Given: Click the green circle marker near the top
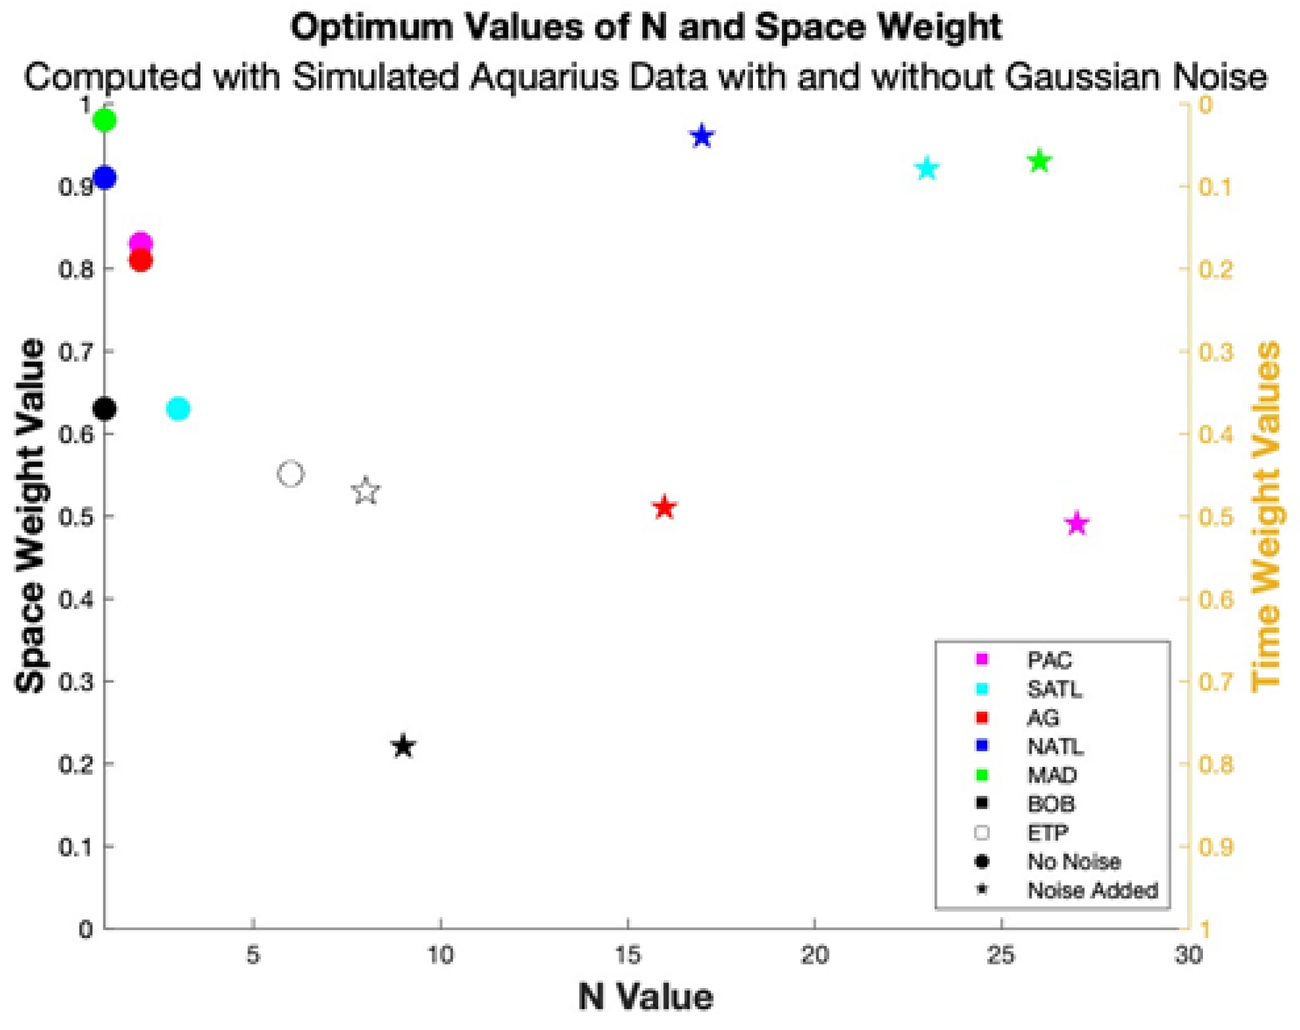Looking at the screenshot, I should click(x=105, y=121).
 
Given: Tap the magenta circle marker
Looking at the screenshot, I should click(x=141, y=243).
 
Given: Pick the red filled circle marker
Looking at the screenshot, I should click(x=141, y=261).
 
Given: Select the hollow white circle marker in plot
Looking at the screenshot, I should click(x=291, y=474).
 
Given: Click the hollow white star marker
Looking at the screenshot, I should click(x=366, y=491).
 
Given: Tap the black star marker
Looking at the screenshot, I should click(x=403, y=747).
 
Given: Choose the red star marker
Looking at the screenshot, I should click(x=665, y=508).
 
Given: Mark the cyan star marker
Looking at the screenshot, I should click(x=927, y=170).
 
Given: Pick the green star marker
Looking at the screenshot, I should click(x=1040, y=162).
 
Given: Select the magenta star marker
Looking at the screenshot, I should click(x=1077, y=524).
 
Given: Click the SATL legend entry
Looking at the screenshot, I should click(x=1054, y=689).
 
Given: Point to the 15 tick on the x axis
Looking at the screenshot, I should click(x=628, y=955).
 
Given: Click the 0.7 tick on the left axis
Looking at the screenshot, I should click(x=76, y=352).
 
